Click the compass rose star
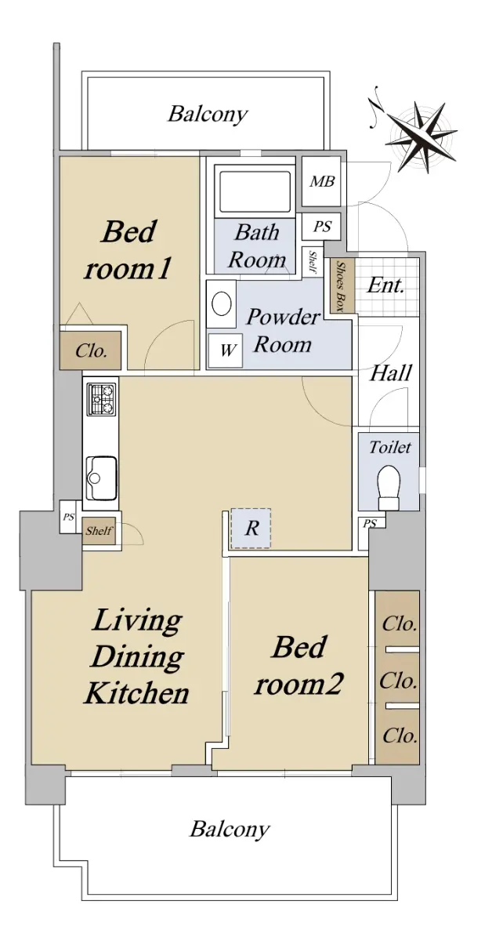click(x=422, y=136)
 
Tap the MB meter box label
click(x=322, y=181)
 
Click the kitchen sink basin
click(x=101, y=478)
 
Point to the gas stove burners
click(x=101, y=399)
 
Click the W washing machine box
click(x=225, y=350)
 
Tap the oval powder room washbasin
click(x=222, y=303)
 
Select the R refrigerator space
click(x=251, y=528)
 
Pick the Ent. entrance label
click(x=386, y=285)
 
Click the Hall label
click(x=390, y=372)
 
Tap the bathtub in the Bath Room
click(x=253, y=191)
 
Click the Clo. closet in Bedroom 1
click(x=91, y=351)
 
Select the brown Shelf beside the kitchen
click(x=99, y=531)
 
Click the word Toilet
click(x=389, y=448)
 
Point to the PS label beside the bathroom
click(x=322, y=227)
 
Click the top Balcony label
click(x=208, y=114)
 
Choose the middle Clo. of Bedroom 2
click(x=398, y=680)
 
